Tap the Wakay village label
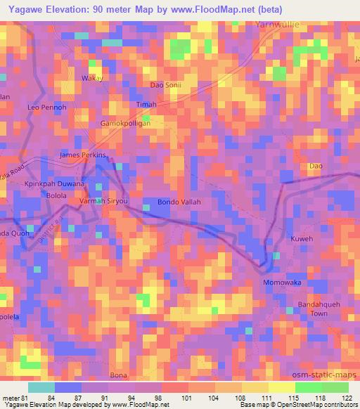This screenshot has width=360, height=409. [x=93, y=78]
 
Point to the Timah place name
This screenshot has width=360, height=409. [x=146, y=104]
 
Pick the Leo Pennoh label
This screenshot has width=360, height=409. [x=46, y=108]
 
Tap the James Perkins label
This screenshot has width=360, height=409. [x=83, y=155]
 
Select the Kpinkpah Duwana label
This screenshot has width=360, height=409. [x=55, y=183]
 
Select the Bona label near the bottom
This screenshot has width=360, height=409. [x=118, y=376]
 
